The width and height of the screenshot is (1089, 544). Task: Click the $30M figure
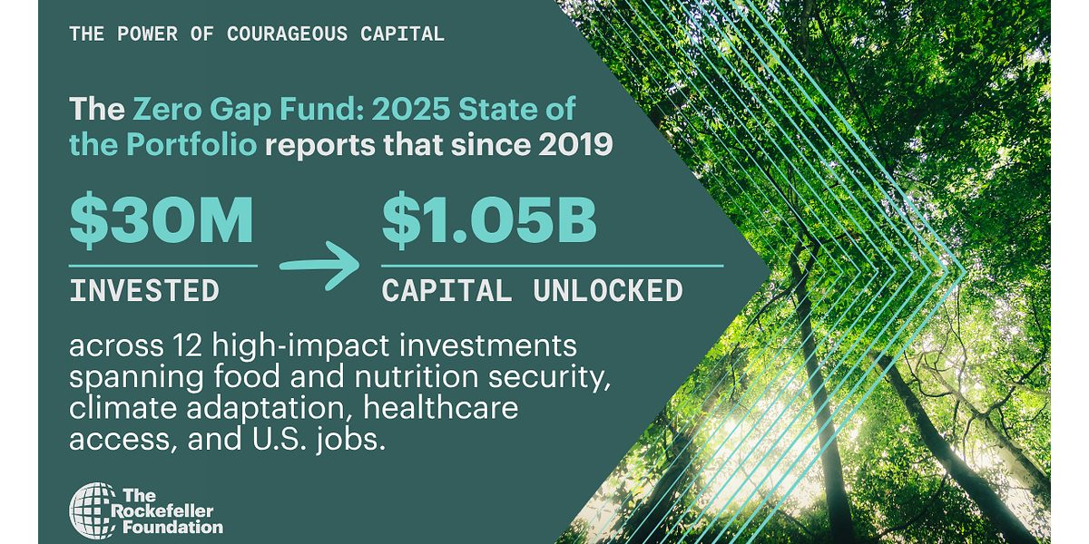click(162, 219)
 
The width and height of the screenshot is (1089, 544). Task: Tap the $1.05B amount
click(489, 219)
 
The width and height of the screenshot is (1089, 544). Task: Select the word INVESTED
click(144, 290)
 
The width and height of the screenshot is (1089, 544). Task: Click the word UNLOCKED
click(608, 290)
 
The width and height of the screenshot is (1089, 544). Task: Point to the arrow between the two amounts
click(319, 265)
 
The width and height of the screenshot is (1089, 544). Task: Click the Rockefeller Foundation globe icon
click(93, 510)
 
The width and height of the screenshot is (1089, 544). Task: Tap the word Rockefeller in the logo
click(162, 511)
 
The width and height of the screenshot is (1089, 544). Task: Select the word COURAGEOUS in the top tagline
click(288, 34)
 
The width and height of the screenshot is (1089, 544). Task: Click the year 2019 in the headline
click(575, 144)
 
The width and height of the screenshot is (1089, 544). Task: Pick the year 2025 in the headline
click(411, 108)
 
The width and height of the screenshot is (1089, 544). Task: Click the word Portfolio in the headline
click(191, 144)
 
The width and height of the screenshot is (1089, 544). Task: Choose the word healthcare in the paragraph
click(441, 407)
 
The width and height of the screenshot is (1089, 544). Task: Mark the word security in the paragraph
click(549, 377)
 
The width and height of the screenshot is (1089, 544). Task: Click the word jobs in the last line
click(350, 440)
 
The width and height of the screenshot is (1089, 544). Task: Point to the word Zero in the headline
click(167, 108)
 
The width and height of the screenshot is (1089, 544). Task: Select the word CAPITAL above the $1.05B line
click(446, 290)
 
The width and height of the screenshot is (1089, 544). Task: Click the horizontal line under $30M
click(163, 266)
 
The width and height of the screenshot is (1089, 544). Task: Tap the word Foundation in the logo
click(173, 528)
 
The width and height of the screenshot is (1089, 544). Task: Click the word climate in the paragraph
click(123, 407)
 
